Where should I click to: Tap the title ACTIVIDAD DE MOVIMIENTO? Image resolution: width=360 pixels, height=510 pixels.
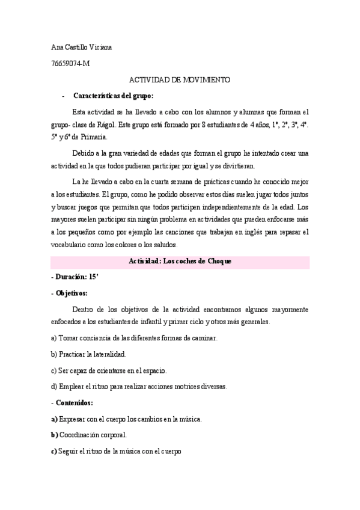click(x=180, y=79)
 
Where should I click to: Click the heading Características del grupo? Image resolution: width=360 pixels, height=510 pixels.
click(x=113, y=96)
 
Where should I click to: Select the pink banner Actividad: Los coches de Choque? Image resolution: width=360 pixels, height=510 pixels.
click(x=180, y=261)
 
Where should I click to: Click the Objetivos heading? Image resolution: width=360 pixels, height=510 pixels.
click(x=71, y=293)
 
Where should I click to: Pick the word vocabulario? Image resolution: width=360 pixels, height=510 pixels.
click(x=71, y=245)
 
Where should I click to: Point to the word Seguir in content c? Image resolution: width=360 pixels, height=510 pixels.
click(x=68, y=450)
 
